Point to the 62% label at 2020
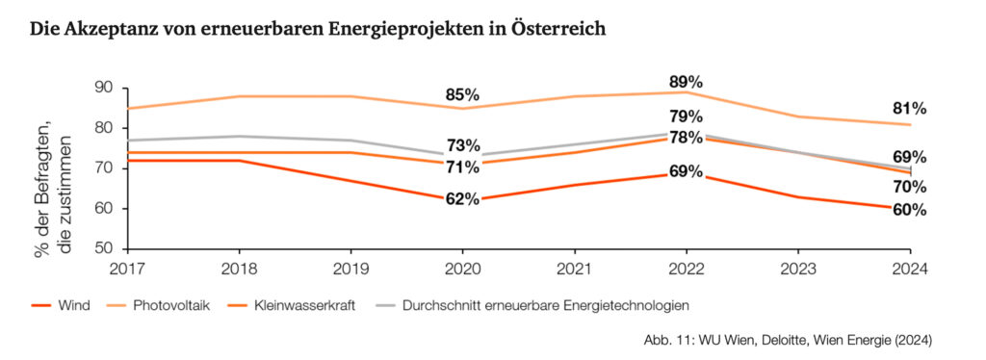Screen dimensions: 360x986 462,200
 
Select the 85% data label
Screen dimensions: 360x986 462,95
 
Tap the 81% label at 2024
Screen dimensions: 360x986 908,108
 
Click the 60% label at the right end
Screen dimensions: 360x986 908,210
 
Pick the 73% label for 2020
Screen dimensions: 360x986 462,145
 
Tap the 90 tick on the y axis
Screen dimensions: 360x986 104,88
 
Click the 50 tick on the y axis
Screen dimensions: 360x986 104,248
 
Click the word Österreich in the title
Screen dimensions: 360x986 558,29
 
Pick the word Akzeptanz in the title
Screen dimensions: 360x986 109,29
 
